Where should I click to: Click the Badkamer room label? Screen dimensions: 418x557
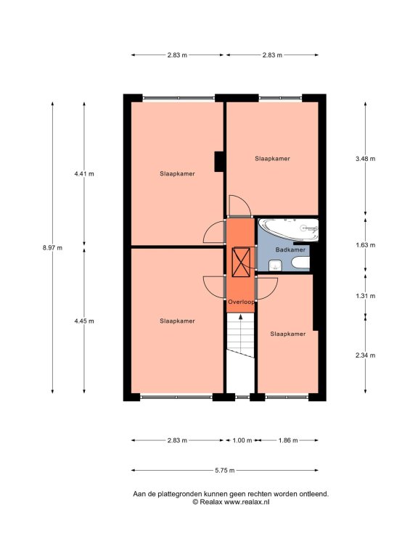tap(290, 249)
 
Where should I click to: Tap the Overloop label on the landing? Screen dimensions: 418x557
tap(241, 302)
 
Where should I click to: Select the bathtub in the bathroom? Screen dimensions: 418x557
tap(288, 230)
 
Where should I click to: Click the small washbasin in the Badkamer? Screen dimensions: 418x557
tap(276, 265)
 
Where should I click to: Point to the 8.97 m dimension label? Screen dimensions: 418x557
tap(52, 248)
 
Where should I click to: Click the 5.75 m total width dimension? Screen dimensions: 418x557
tap(225, 470)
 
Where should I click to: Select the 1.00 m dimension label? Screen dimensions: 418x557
tap(242, 440)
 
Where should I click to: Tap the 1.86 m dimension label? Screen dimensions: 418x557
tap(288, 440)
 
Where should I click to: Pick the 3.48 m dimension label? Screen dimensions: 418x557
tap(366, 159)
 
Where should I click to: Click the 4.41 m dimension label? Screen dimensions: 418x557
tap(84, 174)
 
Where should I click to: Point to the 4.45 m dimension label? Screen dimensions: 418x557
tap(84, 321)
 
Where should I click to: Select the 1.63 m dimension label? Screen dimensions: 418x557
tap(366, 245)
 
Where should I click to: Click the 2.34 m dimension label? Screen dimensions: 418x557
tap(366, 355)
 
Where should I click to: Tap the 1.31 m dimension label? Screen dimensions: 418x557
tap(366, 296)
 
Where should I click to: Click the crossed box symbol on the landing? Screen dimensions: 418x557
tap(241, 262)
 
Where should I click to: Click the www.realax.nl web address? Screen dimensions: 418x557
tap(247, 502)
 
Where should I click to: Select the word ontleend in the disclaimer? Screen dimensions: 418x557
tap(313, 494)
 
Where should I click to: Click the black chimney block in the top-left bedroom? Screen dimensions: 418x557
tap(218, 162)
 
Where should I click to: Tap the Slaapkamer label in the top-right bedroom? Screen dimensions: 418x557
tap(272, 159)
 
